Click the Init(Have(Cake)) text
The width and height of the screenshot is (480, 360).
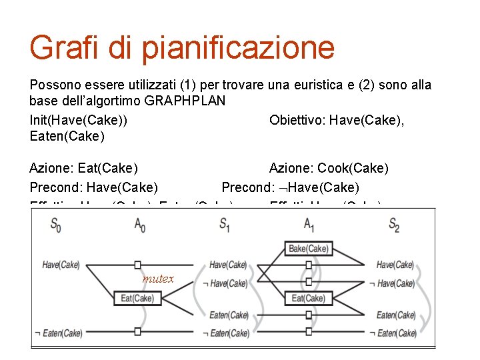tap(79, 120)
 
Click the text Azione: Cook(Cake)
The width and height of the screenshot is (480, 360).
tap(329, 169)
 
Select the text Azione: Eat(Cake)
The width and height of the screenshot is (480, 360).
tap(84, 169)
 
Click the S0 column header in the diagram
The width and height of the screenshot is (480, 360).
tap(57, 224)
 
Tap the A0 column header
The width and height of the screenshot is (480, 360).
tap(139, 224)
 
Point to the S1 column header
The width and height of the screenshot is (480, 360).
tap(225, 224)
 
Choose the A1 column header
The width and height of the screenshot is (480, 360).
tap(308, 224)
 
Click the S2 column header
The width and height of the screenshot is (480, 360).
tap(394, 224)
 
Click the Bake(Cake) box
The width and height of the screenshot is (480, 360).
tap(307, 249)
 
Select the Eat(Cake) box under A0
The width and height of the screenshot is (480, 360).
tap(137, 298)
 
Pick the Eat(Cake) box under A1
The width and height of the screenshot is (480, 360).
tap(307, 298)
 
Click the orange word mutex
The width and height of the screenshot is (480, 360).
tap(157, 279)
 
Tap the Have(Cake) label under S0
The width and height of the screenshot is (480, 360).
tap(61, 265)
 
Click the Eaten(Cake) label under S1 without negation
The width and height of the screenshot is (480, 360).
tap(229, 315)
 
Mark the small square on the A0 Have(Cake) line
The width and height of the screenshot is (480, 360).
tap(137, 265)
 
